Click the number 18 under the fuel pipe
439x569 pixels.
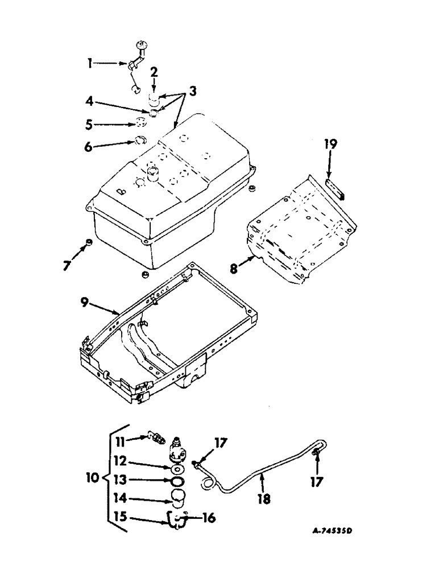[x=264, y=499]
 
